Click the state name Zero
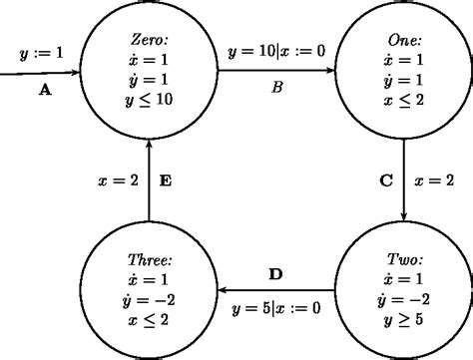(x=147, y=39)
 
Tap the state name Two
(x=403, y=256)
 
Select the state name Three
(x=148, y=256)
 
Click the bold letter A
(x=44, y=89)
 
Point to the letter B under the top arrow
(x=278, y=88)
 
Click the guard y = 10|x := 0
(x=276, y=51)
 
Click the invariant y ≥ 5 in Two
(x=403, y=319)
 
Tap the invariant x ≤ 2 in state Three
(x=148, y=319)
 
